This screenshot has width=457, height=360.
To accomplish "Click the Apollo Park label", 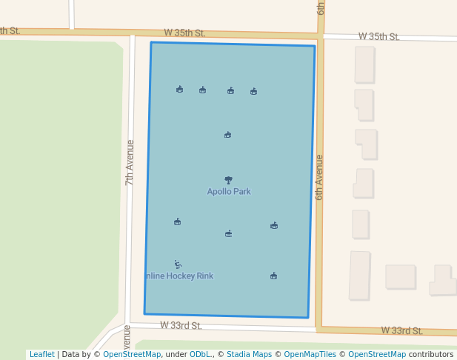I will pyautogui.click(x=229, y=191).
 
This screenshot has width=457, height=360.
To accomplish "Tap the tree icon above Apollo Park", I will pyautogui.click(x=228, y=179).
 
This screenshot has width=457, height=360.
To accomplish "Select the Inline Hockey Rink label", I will pyautogui.click(x=179, y=276).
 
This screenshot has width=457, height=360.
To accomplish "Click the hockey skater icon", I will pyautogui.click(x=178, y=264).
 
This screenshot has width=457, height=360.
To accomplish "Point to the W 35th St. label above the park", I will pyautogui.click(x=184, y=33).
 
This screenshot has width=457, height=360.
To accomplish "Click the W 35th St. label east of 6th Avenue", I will pyautogui.click(x=378, y=36).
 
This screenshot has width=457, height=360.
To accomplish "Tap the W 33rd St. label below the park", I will pyautogui.click(x=181, y=325).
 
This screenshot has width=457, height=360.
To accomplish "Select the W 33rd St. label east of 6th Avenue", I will pyautogui.click(x=401, y=330).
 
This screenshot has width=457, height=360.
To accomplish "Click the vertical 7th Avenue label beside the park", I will pyautogui.click(x=130, y=161).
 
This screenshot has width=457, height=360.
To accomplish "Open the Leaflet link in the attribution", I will pyautogui.click(x=42, y=354).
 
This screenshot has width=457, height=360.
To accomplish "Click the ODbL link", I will pyautogui.click(x=200, y=354).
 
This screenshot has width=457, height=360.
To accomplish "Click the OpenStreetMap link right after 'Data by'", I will pyautogui.click(x=132, y=354).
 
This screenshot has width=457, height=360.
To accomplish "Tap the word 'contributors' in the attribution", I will pyautogui.click(x=431, y=354).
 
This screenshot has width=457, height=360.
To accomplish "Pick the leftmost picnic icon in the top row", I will pyautogui.click(x=179, y=89).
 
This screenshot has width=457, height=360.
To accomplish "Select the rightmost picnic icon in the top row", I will pyautogui.click(x=253, y=91).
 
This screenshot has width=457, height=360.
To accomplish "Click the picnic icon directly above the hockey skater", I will pyautogui.click(x=177, y=221).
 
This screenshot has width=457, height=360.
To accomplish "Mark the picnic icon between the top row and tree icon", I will pyautogui.click(x=227, y=135).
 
